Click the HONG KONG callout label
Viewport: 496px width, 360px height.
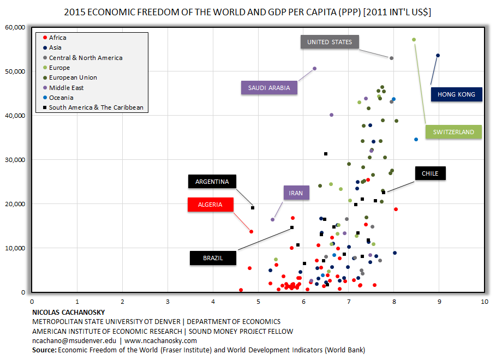point(456,94)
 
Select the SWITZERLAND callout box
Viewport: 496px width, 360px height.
point(453,132)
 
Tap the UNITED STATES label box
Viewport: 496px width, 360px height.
point(330,42)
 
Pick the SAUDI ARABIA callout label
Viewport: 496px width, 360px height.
point(269,88)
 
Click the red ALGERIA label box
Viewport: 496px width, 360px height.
point(210,205)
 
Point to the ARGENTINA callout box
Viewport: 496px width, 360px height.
point(212,182)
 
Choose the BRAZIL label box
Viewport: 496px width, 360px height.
point(213,258)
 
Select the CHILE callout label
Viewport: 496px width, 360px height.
point(430,174)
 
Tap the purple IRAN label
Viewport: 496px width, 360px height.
point(296,193)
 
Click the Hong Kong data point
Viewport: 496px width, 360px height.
point(438,55)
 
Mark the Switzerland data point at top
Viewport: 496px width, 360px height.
point(414,39)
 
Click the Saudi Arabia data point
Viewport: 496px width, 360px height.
point(314,68)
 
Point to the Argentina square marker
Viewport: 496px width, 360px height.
point(253,208)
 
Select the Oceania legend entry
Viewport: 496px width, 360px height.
point(61,98)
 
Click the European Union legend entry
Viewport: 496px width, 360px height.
point(73,77)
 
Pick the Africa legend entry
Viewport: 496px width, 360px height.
point(57,38)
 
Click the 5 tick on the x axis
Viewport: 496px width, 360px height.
point(258,301)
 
